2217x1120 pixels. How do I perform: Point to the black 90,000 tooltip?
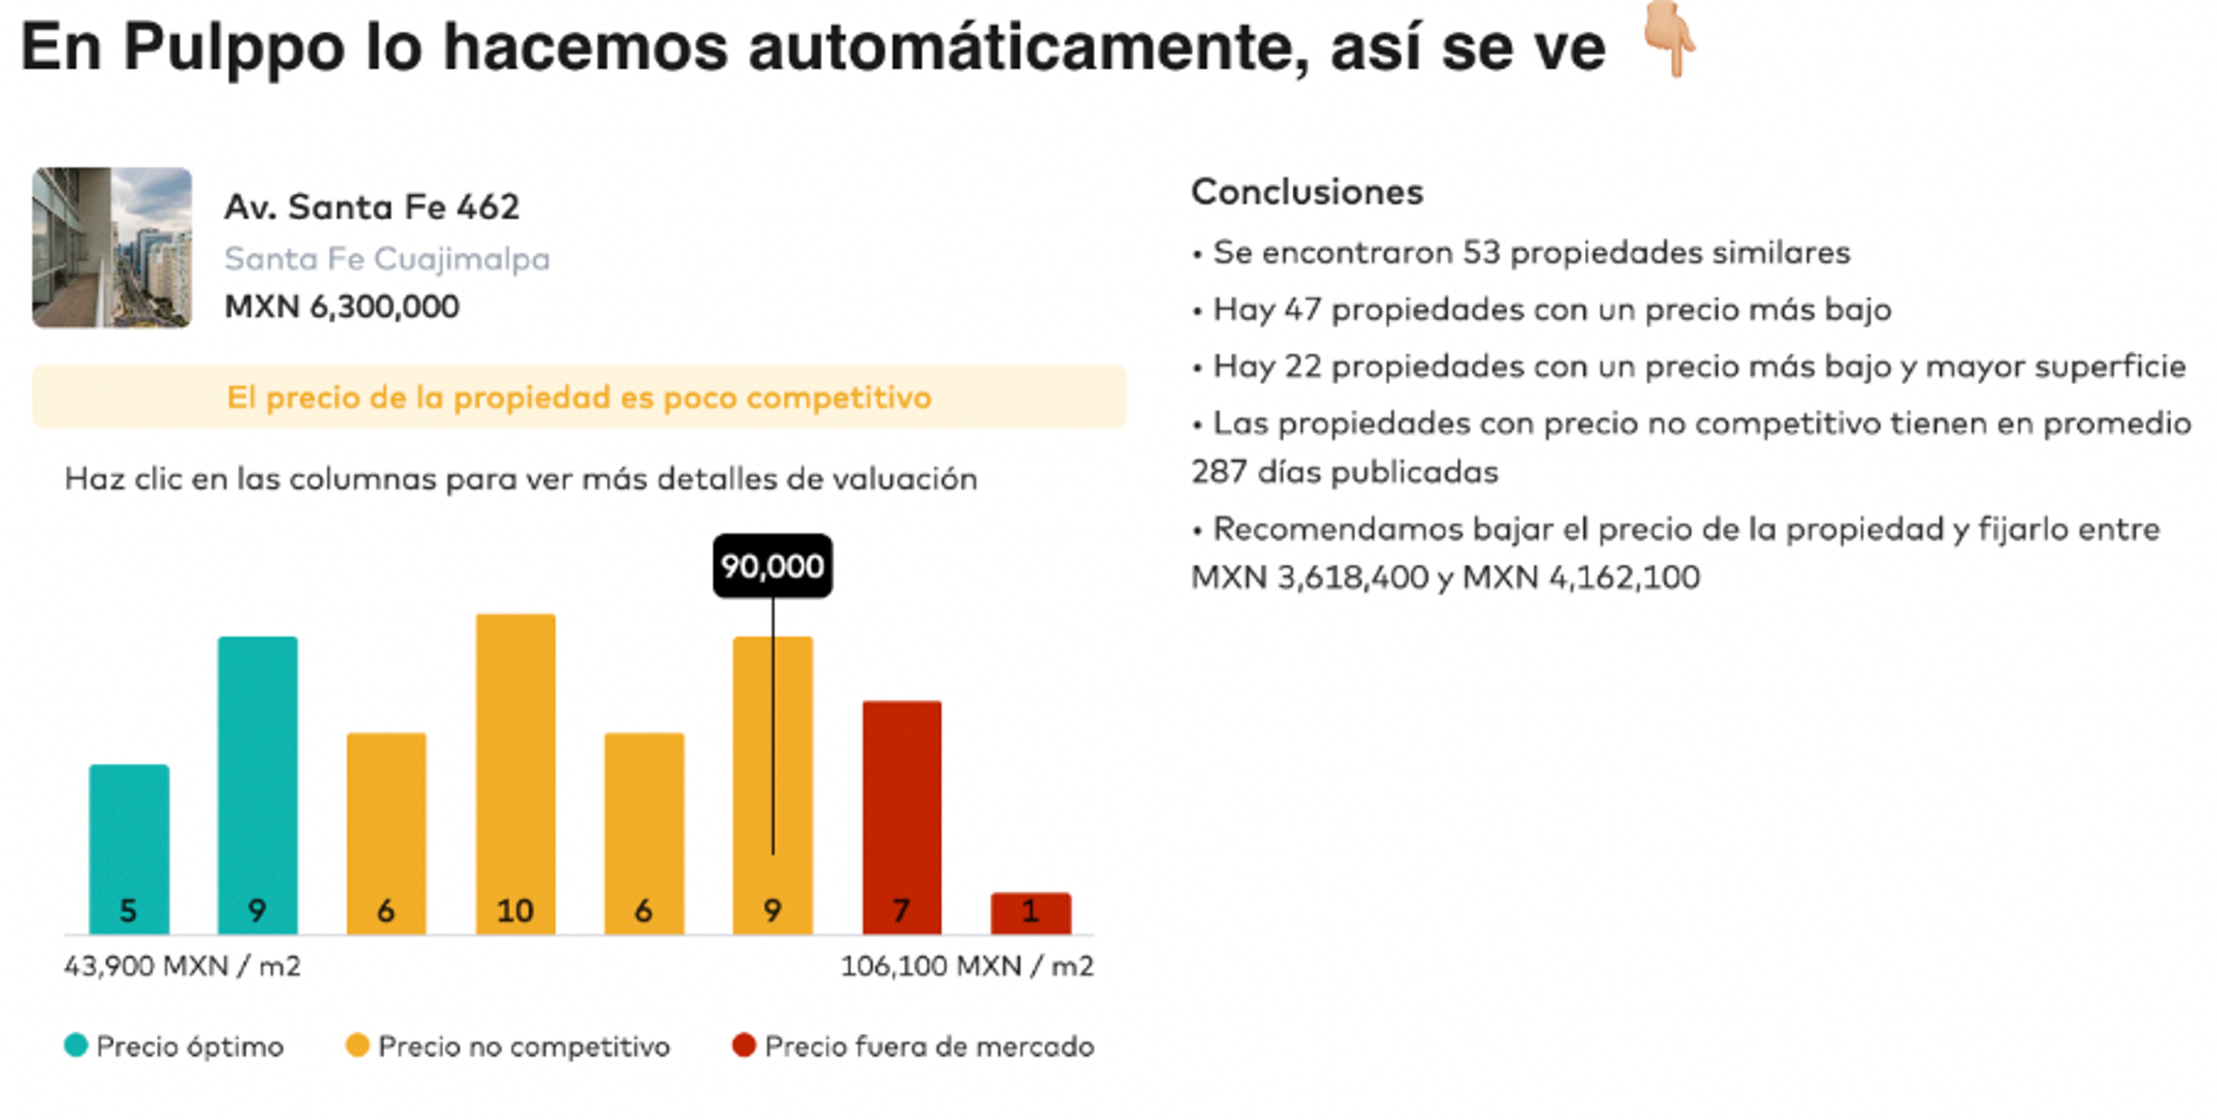pos(772,565)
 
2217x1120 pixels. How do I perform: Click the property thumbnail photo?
pos(112,248)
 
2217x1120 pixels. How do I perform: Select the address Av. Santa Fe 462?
pos(372,207)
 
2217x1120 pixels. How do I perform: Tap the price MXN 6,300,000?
pos(342,306)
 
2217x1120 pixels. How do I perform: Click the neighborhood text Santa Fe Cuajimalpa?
pos(386,258)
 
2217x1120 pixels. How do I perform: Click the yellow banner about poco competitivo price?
pos(578,396)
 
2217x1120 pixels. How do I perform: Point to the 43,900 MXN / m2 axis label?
pos(182,966)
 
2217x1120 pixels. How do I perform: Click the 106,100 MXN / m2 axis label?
pos(966,966)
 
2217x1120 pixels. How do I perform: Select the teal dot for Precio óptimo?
pos(76,1045)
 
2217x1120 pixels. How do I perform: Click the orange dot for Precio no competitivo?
pos(357,1045)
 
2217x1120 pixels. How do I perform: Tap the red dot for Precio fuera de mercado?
pos(744,1045)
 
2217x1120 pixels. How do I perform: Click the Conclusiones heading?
pos(1307,191)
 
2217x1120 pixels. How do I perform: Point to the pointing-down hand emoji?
pos(1668,40)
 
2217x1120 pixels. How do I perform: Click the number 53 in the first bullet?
pos(1481,253)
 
